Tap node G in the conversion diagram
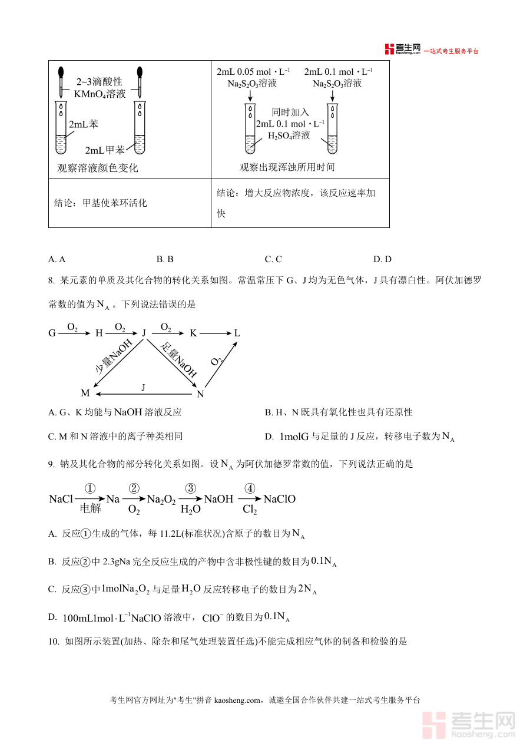pos(52,333)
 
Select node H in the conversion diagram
pos(99,333)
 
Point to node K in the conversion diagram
pos(193,333)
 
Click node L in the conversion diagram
pos(237,333)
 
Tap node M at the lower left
pos(85,393)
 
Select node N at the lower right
pos(200,394)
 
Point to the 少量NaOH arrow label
pos(114,358)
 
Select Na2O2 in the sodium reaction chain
pos(161,500)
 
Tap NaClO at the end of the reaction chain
pos(279,499)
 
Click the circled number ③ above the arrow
pos(190,488)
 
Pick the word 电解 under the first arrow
pos(91,510)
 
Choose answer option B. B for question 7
pos(165,259)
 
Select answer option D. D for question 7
pos(382,259)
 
